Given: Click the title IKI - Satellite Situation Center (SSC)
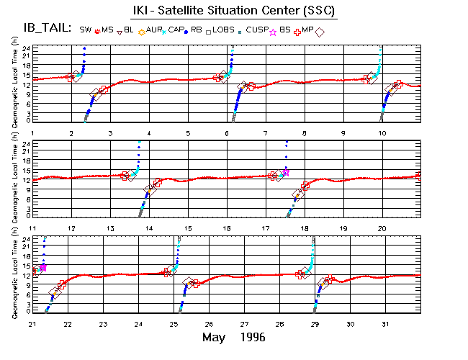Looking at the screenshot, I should [235, 12].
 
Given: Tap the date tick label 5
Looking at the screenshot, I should [187, 134].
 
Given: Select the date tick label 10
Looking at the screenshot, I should [382, 134].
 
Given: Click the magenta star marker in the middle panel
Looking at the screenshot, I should [285, 172].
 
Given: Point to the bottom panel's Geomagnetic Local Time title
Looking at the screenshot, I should [15, 276].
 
